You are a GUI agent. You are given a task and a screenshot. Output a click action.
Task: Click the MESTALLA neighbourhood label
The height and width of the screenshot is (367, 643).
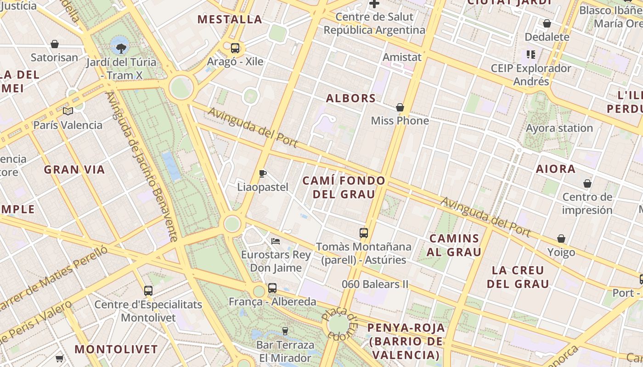230,19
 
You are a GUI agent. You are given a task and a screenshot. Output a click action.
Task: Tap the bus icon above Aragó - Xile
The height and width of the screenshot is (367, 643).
235,48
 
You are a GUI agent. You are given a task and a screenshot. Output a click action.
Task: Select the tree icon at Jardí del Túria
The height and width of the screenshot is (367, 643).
121,48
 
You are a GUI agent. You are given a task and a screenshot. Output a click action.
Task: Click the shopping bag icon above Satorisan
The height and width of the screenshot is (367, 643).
55,44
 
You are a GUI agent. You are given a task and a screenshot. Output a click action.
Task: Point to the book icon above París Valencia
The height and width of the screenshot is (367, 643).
68,111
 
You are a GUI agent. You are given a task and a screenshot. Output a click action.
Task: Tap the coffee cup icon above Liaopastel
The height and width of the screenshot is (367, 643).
263,173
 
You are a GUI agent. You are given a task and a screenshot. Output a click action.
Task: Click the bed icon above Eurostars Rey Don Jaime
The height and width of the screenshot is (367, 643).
276,241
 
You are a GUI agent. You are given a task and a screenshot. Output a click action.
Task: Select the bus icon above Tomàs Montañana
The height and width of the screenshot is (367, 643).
364,233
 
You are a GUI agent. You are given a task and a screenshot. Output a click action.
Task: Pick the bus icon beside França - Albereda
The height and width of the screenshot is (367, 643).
272,288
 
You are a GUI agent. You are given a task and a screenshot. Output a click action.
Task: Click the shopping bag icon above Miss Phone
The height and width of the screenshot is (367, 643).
400,107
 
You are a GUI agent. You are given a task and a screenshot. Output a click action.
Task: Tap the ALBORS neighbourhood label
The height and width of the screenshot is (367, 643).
351,98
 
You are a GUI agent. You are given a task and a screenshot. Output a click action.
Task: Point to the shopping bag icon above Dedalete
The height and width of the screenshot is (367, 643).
547,23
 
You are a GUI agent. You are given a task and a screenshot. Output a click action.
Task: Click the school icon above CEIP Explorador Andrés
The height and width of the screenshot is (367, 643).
531,55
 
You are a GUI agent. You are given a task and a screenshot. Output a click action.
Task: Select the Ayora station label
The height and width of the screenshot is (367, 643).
559,128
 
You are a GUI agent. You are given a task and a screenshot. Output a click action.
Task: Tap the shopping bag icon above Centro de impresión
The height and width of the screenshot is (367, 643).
587,184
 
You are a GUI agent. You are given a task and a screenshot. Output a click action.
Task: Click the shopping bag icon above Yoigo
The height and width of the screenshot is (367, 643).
561,239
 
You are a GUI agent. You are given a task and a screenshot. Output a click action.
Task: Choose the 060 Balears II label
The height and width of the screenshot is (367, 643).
375,284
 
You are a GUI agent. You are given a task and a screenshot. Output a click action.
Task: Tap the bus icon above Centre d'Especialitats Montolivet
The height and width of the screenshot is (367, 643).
148,290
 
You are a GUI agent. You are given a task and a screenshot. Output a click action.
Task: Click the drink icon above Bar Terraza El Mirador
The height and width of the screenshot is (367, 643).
285,331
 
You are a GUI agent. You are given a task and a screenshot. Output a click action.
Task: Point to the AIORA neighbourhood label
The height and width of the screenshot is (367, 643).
556,169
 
